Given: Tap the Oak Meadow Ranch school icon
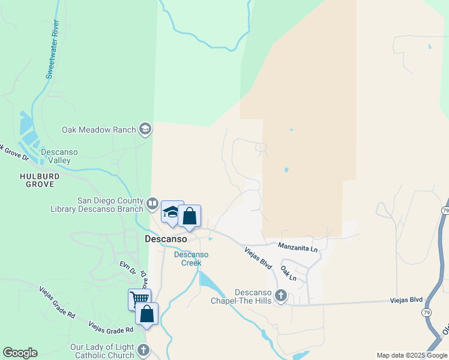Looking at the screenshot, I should pos(145,129).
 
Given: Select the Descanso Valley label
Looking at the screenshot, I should pos(59,156).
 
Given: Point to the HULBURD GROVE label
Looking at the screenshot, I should pos(39,180).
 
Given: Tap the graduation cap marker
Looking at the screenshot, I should pos(172,212).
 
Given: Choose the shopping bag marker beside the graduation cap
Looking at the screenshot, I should pos(190,217).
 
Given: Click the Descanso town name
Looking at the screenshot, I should pos(166,238).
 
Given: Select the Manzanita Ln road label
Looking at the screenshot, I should pos(297,246).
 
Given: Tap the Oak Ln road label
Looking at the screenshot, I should pos(289,274).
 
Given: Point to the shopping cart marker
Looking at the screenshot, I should pos(139,298).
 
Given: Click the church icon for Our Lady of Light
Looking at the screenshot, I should pos(143,350).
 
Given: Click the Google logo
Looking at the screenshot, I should pos(20,353).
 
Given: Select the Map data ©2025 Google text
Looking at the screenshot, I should pos(412,355).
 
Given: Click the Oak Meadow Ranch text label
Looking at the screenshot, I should pos(99,130).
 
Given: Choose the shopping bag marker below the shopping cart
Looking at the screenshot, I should pos(147,313).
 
